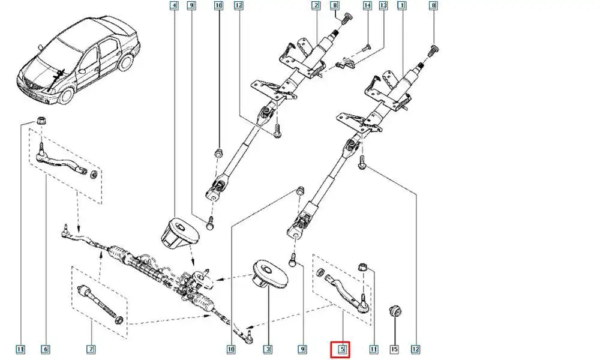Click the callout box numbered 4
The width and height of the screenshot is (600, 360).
coord(174,7)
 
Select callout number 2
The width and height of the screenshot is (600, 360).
coord(315,7)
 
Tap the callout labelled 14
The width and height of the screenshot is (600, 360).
coord(367,7)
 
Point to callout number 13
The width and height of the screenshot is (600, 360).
coord(383,7)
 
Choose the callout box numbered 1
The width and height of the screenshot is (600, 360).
coord(401,7)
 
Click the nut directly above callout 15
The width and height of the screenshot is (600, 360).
coord(394,311)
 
